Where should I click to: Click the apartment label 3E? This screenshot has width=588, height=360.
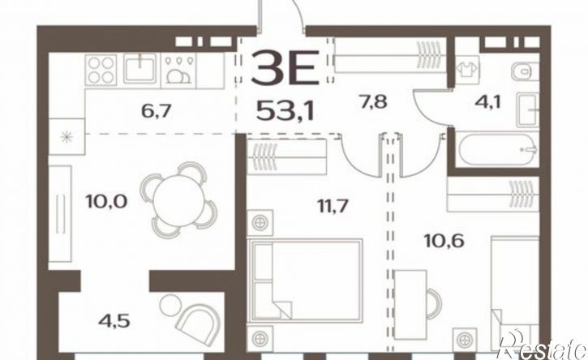point(284,67)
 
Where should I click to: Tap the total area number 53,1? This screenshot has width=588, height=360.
point(285,110)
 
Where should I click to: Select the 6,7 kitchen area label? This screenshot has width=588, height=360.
point(157,110)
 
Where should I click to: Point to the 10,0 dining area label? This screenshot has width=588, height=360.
point(106,201)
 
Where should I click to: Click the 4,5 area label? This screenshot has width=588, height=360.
point(114,321)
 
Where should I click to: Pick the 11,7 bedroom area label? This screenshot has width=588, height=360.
point(333,206)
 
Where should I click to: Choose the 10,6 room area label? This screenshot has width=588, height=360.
point(444,240)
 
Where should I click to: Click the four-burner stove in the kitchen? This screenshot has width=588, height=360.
point(101,70)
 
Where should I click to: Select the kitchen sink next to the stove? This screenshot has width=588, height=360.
point(139,68)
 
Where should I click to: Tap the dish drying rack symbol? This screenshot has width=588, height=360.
point(178,70)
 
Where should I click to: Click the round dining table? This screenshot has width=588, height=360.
point(178,200)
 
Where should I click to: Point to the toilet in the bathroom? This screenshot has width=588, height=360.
point(525,71)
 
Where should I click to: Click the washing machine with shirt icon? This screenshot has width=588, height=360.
point(467,69)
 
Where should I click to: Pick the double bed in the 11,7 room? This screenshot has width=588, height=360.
point(307,281)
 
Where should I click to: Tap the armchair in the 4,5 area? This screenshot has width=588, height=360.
point(198,321)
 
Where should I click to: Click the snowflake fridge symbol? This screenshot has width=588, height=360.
point(67,137)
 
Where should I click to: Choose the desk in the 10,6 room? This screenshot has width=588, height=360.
point(410,305)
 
